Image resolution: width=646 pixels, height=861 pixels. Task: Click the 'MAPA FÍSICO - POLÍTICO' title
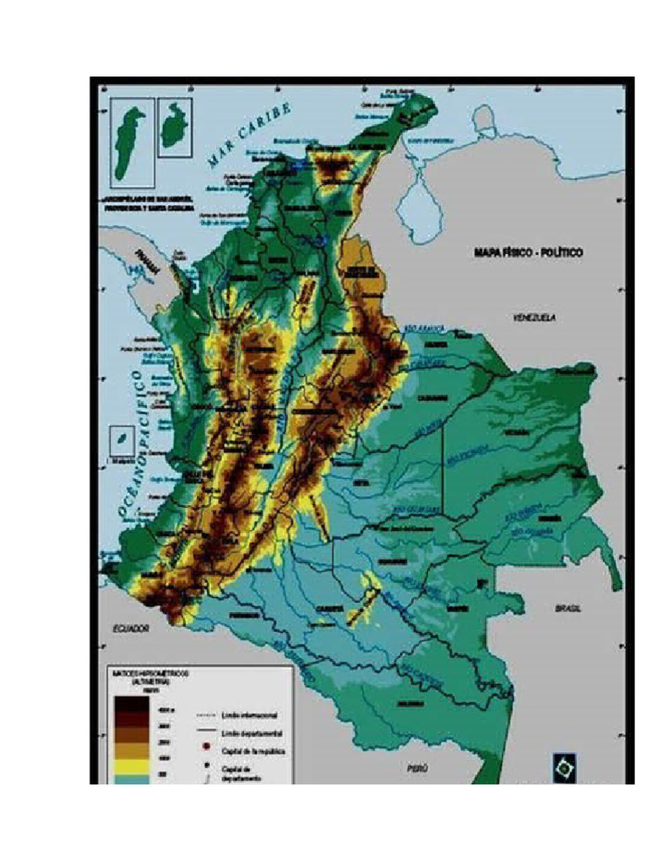(x=528, y=252)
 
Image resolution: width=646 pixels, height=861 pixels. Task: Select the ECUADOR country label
(x=131, y=628)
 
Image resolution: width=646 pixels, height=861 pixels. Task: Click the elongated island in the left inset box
(x=129, y=143)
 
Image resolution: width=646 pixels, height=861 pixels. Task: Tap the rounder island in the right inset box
(x=175, y=127)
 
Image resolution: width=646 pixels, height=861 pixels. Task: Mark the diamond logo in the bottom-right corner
(x=564, y=766)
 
